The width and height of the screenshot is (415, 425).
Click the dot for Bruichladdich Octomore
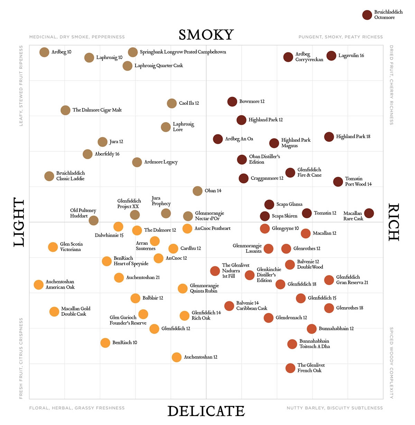click(x=367, y=15)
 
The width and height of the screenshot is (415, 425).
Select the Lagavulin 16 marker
click(x=331, y=56)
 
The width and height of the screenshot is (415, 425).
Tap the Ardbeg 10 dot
click(x=44, y=52)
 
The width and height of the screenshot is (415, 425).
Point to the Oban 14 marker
click(x=197, y=191)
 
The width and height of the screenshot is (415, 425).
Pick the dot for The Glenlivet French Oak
click(x=290, y=368)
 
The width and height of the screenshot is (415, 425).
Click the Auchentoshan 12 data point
click(x=176, y=357)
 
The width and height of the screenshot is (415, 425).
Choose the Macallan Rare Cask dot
click(x=369, y=213)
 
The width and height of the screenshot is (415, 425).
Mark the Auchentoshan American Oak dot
click(x=39, y=285)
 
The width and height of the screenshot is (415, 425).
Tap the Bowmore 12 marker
click(x=232, y=102)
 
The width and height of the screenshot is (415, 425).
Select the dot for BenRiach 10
click(x=105, y=343)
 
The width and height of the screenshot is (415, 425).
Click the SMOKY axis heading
click(x=206, y=35)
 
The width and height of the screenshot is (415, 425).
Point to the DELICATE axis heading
click(x=206, y=411)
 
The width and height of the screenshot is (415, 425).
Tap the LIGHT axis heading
click(x=19, y=222)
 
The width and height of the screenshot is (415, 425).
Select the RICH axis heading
click(x=394, y=222)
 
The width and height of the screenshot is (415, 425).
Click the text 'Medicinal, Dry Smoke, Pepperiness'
click(x=77, y=37)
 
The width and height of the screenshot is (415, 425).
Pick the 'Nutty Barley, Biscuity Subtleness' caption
click(x=335, y=408)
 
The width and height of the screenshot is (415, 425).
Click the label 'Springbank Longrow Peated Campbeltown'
click(x=183, y=52)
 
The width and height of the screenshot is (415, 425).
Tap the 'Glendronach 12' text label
click(x=291, y=317)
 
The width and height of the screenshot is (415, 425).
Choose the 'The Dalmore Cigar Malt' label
click(x=97, y=110)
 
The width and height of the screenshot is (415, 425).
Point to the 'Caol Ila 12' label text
click(x=189, y=103)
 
